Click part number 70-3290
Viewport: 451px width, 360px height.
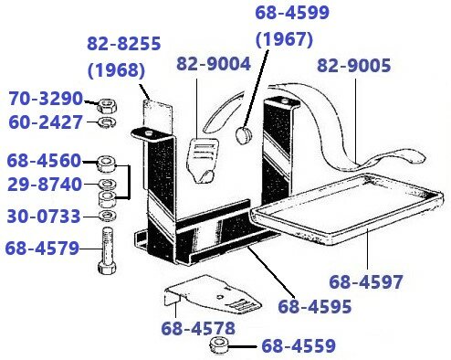(x=46, y=98)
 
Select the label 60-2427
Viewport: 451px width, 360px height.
(x=46, y=122)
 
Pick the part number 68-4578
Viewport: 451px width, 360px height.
(x=199, y=327)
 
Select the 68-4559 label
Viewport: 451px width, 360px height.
(x=299, y=345)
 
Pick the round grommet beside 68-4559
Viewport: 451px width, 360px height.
(x=220, y=345)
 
